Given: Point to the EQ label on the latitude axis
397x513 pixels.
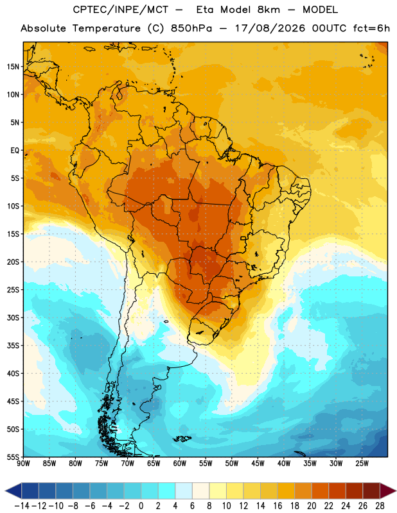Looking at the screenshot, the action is coord(15,151).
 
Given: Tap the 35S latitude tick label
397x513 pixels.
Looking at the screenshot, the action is coord(13,346).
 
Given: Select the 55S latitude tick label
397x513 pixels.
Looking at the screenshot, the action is coord(13,457).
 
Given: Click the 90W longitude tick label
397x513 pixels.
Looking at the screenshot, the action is coord(24,463).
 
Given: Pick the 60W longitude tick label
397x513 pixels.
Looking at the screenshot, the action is coord(180,463).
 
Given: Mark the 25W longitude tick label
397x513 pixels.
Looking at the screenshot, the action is coord(362,463).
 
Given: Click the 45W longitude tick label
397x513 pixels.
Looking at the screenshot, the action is coord(258,463).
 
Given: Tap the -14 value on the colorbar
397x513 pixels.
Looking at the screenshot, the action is coord(22,506).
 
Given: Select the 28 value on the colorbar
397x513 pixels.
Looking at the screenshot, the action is coord(380,506).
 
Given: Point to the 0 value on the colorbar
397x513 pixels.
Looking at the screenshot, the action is coord(141,506).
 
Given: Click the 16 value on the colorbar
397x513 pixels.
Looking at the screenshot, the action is coord(278,506).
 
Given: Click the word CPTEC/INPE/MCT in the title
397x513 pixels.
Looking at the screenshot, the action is coord(121,10).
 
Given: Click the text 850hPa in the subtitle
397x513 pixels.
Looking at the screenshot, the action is coord(191,28).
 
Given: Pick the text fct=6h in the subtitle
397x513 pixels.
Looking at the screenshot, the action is coord(371,28).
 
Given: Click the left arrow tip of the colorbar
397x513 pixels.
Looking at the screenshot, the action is coord(6,491).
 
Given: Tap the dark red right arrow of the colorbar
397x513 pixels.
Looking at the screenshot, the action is coord(388,491).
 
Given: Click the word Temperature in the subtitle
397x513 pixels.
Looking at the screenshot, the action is coord(107,28).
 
